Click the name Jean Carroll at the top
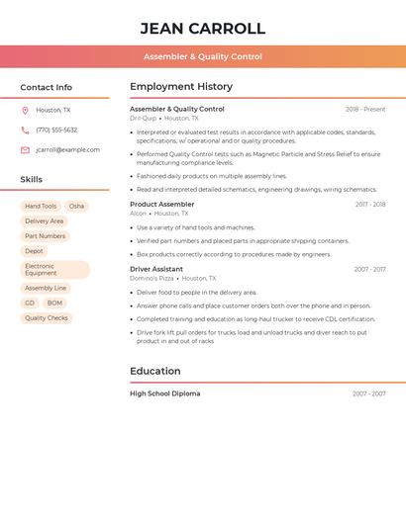tap(202, 29)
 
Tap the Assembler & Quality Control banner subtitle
tap(202, 56)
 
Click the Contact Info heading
tap(46, 87)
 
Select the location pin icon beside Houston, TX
tap(25, 111)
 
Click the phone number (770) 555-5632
tap(56, 130)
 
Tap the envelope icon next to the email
tap(25, 150)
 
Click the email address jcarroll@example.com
tap(67, 150)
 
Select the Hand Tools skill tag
tap(41, 207)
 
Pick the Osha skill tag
tap(76, 207)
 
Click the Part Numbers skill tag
tap(45, 236)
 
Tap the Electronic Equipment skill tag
tap(54, 270)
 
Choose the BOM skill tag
tap(54, 304)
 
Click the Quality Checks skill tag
tap(47, 318)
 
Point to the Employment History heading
tap(181, 87)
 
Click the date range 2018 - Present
tap(365, 109)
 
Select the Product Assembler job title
tap(161, 204)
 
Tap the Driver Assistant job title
tap(156, 269)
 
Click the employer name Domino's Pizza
tap(152, 279)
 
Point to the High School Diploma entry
tap(164, 393)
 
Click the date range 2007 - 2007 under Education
tap(368, 393)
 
